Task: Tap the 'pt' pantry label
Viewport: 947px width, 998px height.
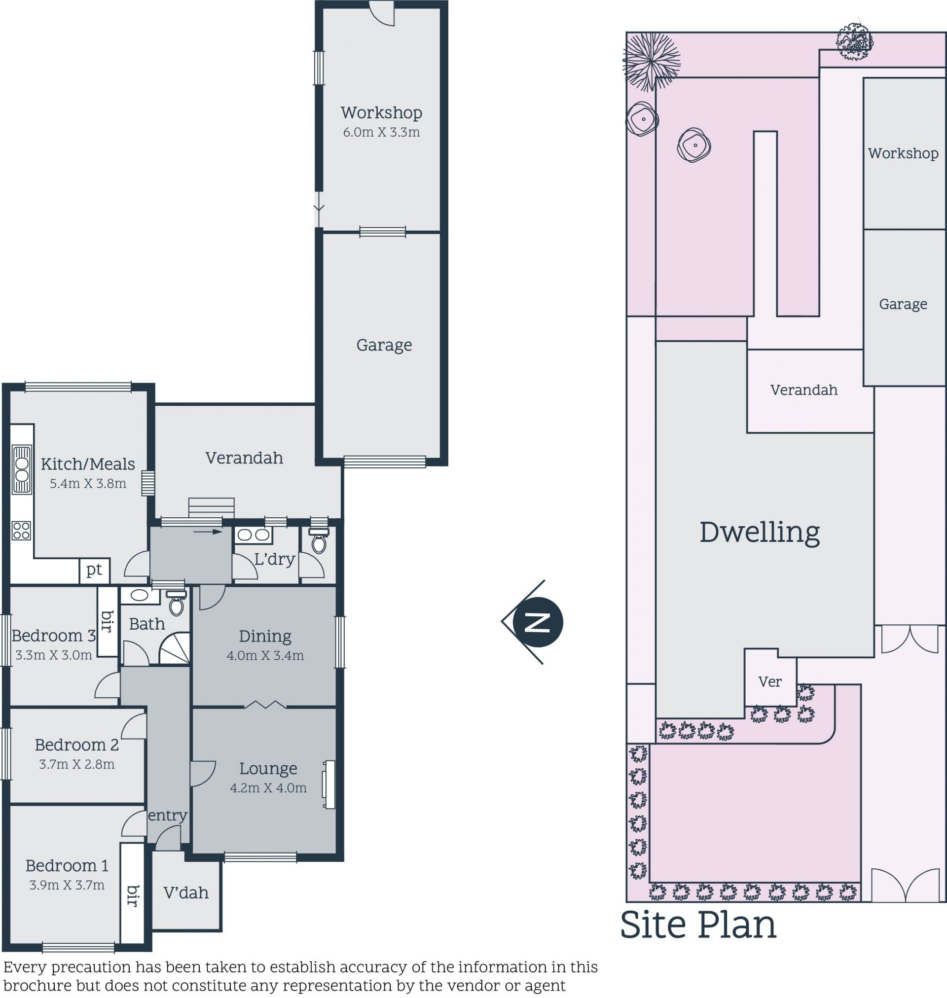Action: click(94, 570)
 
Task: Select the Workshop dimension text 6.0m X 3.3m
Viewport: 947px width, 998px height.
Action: click(382, 132)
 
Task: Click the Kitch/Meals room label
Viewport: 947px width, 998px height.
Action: click(88, 463)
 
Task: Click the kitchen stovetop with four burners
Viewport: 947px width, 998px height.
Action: click(21, 530)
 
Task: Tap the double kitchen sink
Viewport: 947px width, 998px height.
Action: click(22, 470)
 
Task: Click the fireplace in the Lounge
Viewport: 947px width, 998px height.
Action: click(329, 784)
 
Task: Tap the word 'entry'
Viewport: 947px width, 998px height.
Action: click(168, 816)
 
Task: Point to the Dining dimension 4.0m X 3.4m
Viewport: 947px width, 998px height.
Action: click(265, 655)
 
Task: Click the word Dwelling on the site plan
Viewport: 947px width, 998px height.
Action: click(760, 533)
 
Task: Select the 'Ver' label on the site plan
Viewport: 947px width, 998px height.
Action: click(770, 681)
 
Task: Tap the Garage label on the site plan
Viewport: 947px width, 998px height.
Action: click(903, 304)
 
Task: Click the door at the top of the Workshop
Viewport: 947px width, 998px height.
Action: click(381, 13)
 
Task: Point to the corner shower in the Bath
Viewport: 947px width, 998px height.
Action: click(175, 649)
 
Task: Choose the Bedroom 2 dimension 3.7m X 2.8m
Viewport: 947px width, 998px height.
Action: click(77, 764)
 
